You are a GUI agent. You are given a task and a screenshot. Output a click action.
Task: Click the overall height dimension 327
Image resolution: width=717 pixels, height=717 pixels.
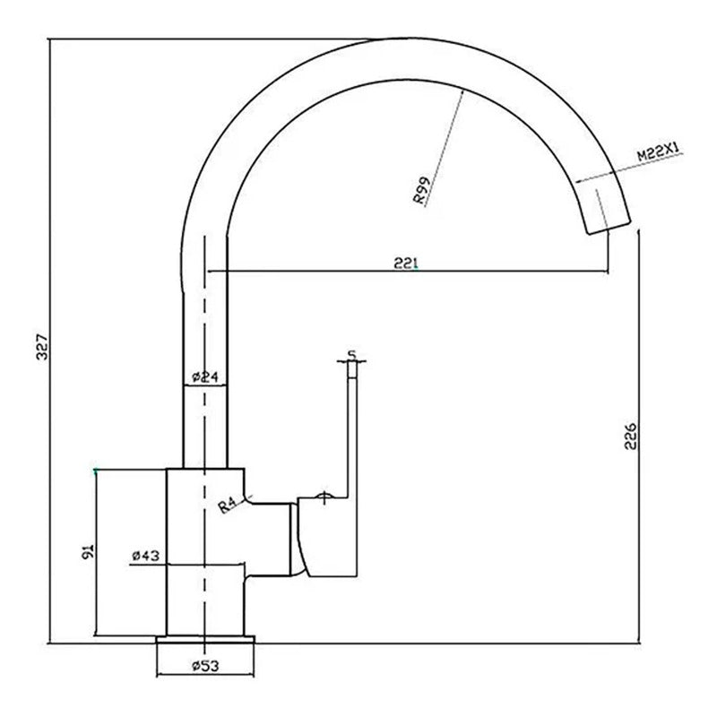(x=42, y=346)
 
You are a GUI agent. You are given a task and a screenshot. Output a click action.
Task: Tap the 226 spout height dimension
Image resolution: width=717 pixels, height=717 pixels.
(x=631, y=436)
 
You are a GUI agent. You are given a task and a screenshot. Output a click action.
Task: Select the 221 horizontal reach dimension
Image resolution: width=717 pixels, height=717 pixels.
(x=406, y=263)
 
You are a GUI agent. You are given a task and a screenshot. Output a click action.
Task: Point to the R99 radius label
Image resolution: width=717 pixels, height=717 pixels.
(x=421, y=190)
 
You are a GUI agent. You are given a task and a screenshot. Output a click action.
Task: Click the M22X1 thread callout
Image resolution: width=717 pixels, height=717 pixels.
(x=658, y=151)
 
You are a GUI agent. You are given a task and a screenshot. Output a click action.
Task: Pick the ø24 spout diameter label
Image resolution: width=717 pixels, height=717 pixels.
(x=206, y=377)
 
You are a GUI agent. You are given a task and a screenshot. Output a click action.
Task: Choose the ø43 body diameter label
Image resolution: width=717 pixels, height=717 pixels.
(x=145, y=556)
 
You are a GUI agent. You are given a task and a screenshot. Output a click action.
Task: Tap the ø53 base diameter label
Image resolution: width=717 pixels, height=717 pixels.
(x=205, y=666)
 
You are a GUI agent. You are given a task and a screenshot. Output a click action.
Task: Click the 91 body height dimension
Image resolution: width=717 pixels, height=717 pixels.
(x=87, y=552)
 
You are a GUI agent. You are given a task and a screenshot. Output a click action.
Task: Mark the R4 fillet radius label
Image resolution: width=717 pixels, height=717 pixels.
(x=227, y=505)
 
